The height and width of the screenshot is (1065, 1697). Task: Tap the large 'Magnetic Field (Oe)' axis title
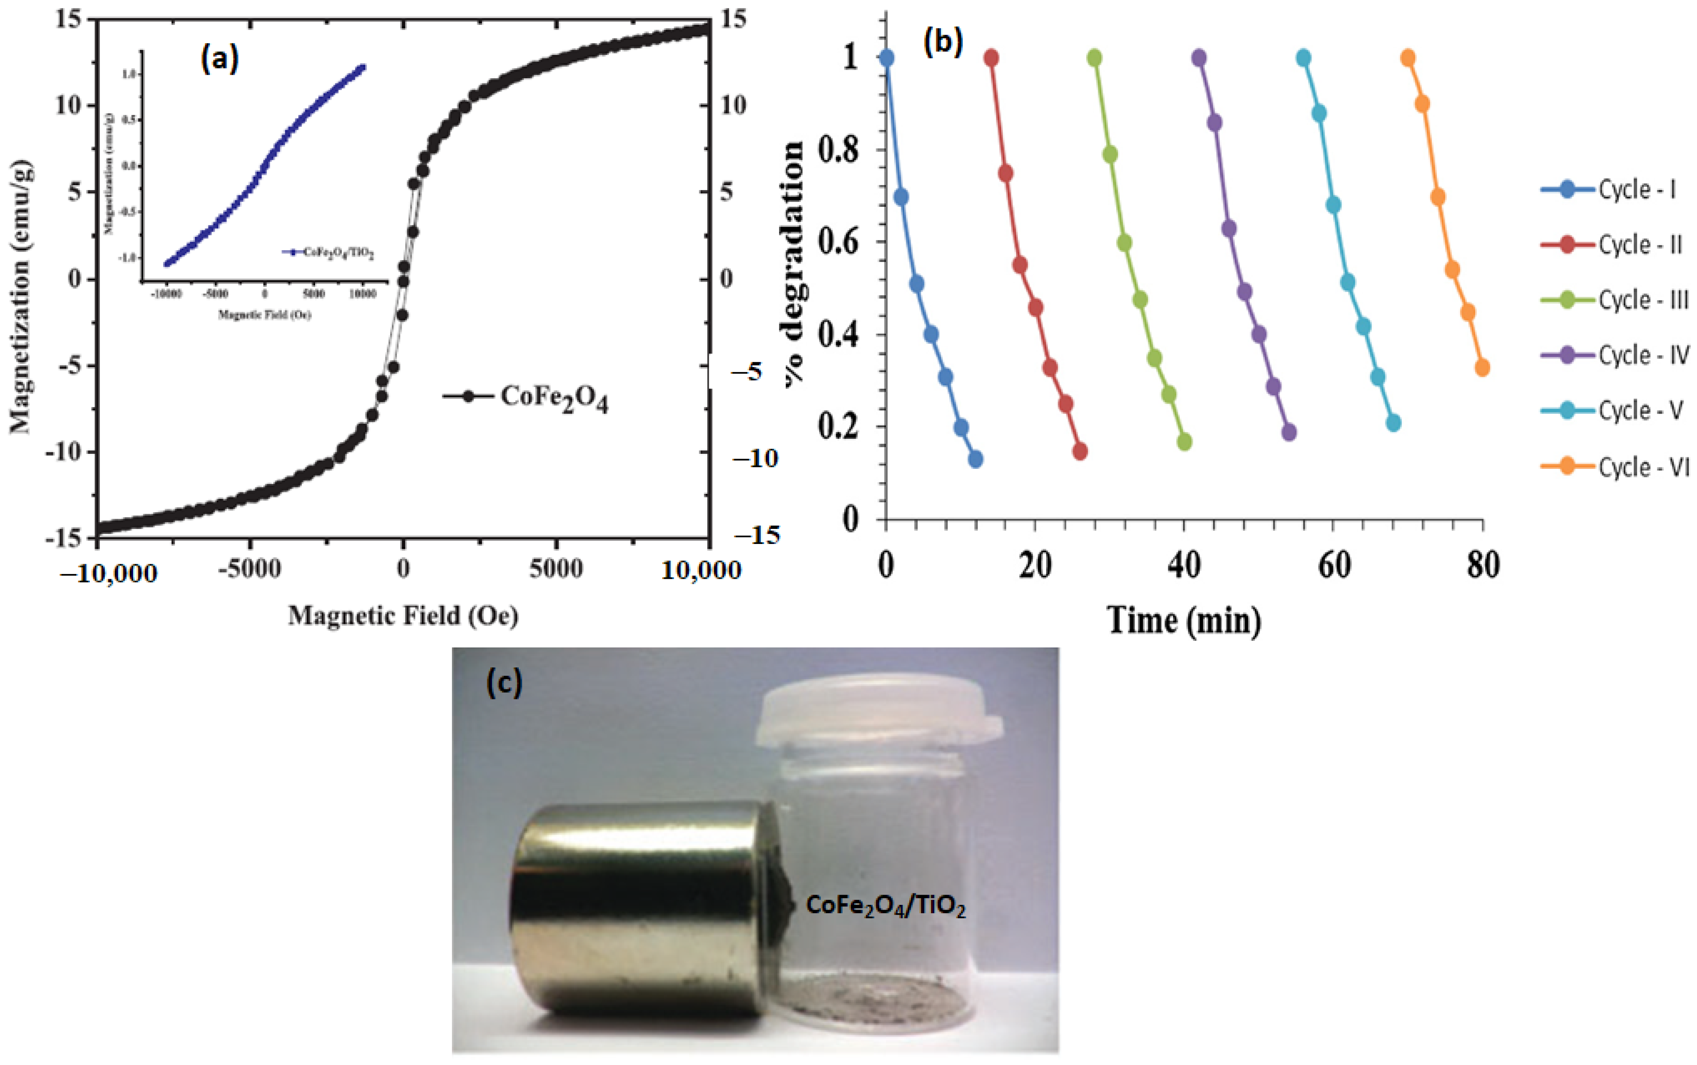tap(403, 616)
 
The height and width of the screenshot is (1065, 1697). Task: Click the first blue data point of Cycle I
tap(886, 57)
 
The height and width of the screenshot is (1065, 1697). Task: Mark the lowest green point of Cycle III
tap(1184, 442)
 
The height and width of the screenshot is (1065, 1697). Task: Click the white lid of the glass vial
tap(877, 712)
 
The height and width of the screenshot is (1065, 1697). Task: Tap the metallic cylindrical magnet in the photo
tap(641, 908)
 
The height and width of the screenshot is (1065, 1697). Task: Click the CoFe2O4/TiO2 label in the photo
tap(886, 906)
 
